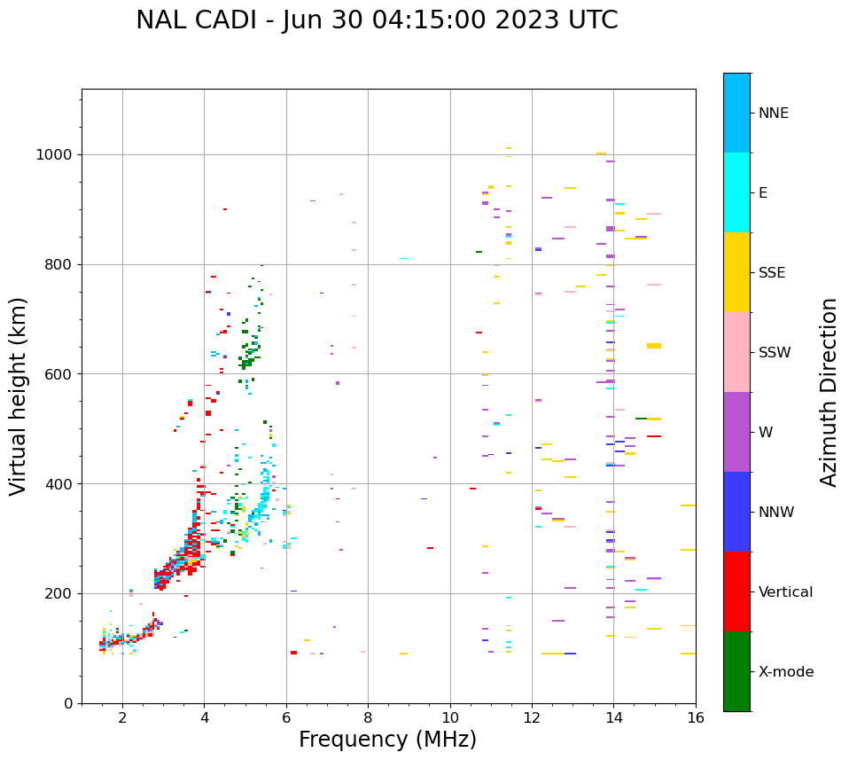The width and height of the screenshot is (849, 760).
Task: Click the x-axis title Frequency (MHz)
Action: pos(387,740)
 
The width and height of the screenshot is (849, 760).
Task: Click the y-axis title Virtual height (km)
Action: pos(19,396)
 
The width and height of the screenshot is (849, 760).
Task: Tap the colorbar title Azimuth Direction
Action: pos(829,392)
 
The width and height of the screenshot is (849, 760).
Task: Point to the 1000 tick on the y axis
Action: pos(58,154)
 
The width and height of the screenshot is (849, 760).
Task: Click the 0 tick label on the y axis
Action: pos(68,703)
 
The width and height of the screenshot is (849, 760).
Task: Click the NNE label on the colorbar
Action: pos(773,114)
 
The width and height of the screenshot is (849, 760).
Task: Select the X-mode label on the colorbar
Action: pos(786,672)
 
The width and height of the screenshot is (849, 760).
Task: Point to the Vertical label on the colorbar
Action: pos(787,592)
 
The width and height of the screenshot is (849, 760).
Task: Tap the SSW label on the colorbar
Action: pos(775,353)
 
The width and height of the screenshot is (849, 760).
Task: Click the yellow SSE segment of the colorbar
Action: pos(736,272)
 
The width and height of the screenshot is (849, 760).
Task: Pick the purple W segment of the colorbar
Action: pos(736,432)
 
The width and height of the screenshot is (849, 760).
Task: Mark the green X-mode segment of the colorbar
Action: pos(736,671)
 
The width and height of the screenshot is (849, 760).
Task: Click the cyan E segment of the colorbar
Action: pos(736,192)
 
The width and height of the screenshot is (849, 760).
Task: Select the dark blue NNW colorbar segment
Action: pos(736,512)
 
